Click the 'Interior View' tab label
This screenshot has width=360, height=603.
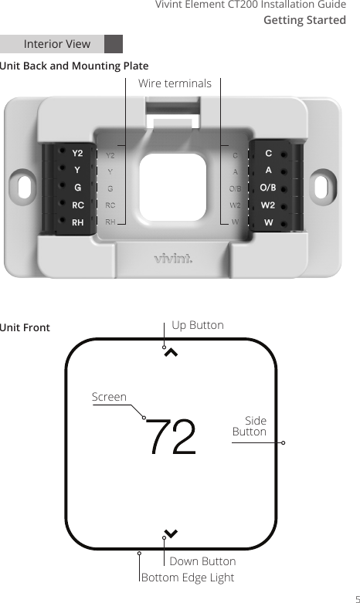click(57, 44)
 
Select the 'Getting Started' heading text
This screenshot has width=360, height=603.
click(304, 20)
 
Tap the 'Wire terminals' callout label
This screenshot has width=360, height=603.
click(174, 83)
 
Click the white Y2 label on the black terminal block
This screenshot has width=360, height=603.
click(78, 153)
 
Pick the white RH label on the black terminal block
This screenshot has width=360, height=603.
click(78, 222)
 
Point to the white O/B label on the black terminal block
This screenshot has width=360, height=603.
click(268, 188)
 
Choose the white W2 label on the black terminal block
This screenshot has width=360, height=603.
click(268, 205)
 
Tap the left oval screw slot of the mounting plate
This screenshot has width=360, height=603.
click(24, 187)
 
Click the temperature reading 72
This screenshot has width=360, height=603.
click(171, 437)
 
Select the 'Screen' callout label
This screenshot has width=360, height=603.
click(109, 397)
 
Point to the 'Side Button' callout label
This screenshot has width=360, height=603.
click(250, 426)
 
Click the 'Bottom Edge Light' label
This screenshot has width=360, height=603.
click(188, 578)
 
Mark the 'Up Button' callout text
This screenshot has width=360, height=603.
click(197, 325)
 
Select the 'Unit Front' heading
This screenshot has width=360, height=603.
click(25, 327)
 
